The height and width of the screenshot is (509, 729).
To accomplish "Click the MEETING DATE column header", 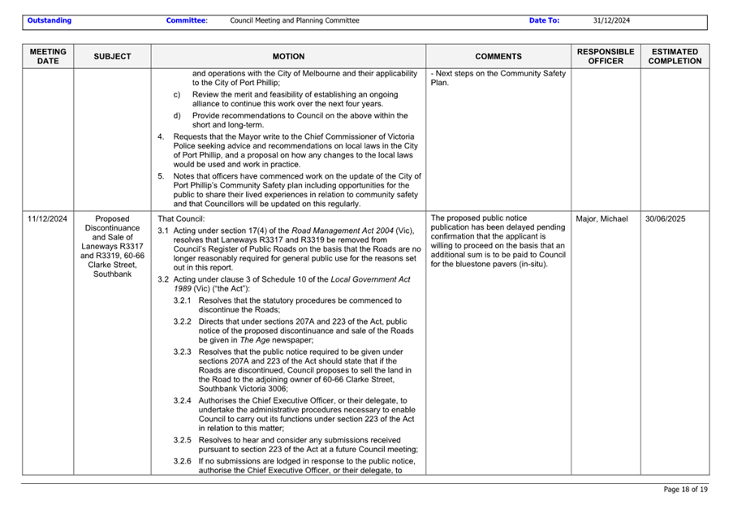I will pos(48,56).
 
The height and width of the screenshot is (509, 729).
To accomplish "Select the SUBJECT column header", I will pos(112,57).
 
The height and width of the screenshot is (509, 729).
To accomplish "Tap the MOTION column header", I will pos(288,57).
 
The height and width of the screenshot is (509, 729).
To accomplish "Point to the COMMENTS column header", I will pos(498,57).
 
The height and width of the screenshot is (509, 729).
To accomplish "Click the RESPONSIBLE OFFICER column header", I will pos(605,56).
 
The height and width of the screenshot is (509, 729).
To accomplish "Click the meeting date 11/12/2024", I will pos(47,218).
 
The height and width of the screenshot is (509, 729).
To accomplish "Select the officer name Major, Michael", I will pos(601,218).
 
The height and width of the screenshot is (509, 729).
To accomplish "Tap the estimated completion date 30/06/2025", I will pos(666,218).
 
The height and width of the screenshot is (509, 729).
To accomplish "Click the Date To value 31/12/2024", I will pos(611,20).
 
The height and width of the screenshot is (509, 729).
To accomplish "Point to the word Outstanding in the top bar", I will pos(49,20).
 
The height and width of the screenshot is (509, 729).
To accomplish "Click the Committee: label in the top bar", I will pos(187,20).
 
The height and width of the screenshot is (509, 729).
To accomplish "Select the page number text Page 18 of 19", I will pos(685,490).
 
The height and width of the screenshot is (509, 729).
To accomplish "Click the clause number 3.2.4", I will pos(183,400).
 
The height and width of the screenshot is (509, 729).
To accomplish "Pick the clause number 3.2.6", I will pos(183,461).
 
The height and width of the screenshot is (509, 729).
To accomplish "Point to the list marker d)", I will pos(178,114).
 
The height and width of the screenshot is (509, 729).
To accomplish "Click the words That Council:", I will pos(181,218).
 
